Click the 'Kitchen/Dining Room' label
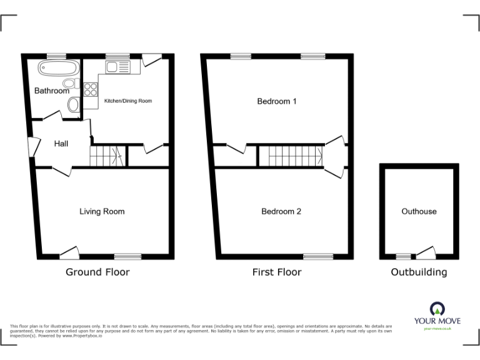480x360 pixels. [127, 101]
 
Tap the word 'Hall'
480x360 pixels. [61, 144]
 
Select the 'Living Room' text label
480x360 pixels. [102, 211]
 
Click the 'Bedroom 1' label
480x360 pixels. [277, 101]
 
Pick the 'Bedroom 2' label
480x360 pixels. [281, 211]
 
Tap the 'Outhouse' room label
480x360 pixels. [419, 211]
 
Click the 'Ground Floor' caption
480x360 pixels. [98, 272]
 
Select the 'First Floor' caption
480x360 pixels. [277, 272]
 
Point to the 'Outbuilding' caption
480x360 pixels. [419, 272]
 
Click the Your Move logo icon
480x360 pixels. [437, 308]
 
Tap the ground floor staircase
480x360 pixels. [104, 156]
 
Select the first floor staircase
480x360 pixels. [291, 156]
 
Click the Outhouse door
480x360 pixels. [426, 253]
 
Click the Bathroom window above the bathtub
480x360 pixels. [57, 56]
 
